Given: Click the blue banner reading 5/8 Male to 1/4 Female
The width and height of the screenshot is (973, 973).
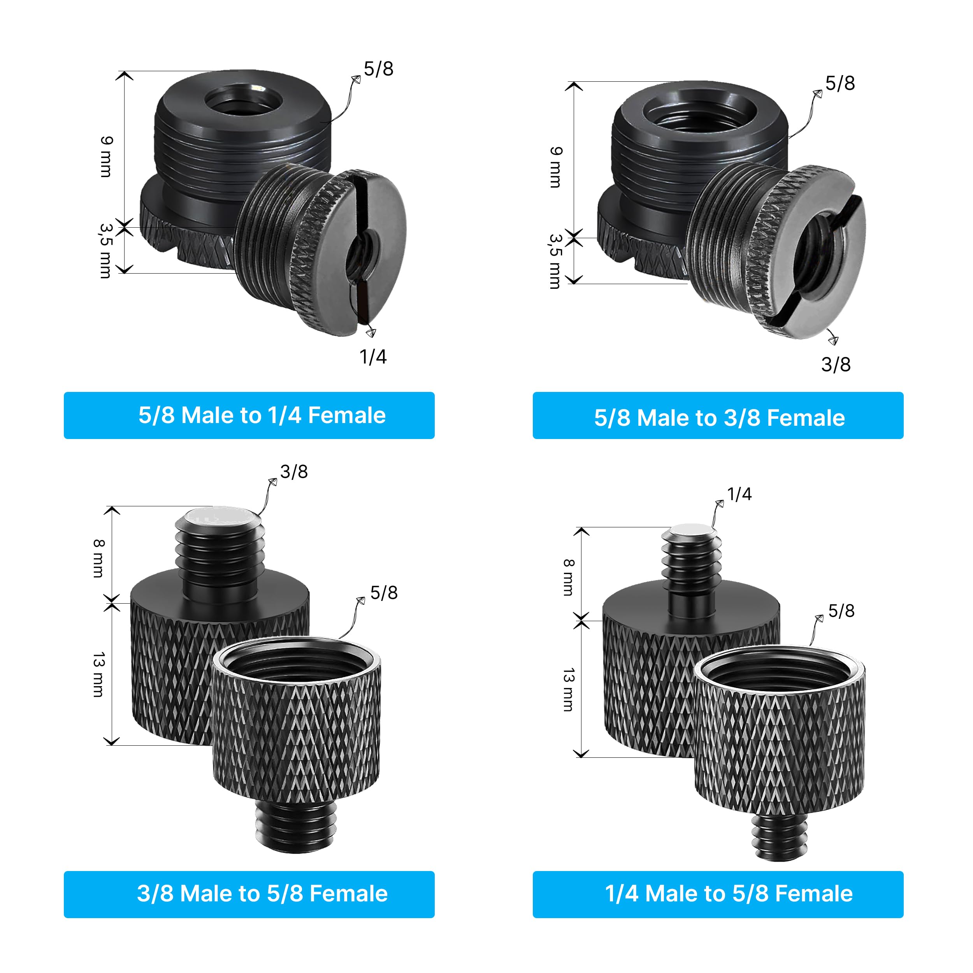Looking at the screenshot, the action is (x=249, y=415).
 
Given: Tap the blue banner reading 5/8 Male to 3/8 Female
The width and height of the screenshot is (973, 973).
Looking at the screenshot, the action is (x=718, y=415).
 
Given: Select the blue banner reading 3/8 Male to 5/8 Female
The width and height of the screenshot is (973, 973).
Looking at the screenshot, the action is (x=249, y=894).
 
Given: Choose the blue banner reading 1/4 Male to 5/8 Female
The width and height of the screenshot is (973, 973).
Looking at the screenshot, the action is (x=718, y=894).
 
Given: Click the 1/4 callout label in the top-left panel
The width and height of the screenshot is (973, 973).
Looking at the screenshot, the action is (x=373, y=357).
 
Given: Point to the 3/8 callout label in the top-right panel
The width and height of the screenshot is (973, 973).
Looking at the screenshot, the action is (x=836, y=365).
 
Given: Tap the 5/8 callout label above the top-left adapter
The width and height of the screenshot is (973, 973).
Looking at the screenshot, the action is (x=378, y=69).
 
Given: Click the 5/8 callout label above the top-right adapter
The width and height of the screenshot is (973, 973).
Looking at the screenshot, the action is (x=840, y=83).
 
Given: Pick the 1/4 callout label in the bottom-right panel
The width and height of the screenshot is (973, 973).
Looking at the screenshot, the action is (x=739, y=494).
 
